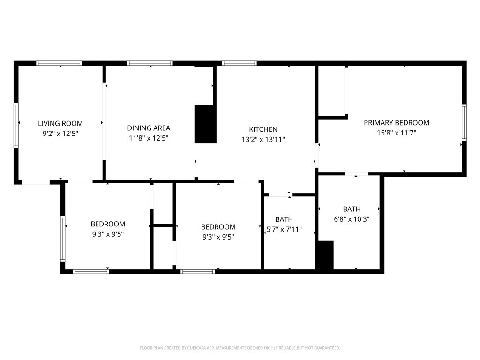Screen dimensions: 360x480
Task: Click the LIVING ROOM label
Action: coord(60,123)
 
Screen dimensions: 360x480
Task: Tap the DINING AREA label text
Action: coord(149,128)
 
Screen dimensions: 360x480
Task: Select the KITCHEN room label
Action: coord(263,129)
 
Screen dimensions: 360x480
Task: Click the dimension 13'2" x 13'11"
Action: coord(263,139)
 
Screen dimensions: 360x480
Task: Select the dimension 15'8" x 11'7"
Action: coord(397,133)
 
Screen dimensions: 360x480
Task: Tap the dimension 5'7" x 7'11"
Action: coord(284,229)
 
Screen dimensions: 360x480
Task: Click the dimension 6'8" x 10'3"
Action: coord(352,218)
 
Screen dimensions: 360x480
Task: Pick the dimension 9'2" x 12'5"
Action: coord(60,133)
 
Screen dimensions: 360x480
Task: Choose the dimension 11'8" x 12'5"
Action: coord(149,138)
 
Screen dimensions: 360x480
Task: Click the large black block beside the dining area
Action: coord(205,124)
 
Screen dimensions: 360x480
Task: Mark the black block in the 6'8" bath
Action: coord(325,255)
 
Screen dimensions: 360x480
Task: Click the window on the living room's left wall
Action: coord(16,125)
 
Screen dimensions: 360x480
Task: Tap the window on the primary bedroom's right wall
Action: coord(464,122)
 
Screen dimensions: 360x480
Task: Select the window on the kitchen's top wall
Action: coord(239,63)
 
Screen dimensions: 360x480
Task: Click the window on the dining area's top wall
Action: coord(150,63)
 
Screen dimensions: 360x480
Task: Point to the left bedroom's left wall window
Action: coord(62,238)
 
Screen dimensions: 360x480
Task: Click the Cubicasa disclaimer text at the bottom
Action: coord(240,348)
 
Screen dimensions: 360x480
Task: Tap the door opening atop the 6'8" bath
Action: coord(356,174)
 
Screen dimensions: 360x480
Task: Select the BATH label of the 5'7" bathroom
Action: coord(284,219)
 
